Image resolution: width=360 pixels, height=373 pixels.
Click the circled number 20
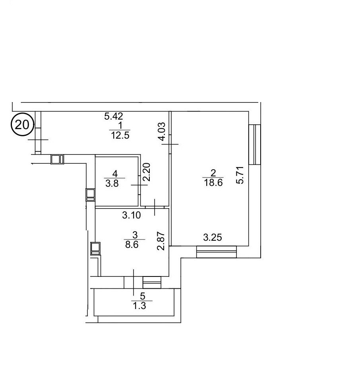[22, 125]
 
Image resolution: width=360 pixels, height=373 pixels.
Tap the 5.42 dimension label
[114, 116]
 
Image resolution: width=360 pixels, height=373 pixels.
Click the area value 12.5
[120, 135]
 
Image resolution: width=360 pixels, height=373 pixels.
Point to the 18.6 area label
[213, 183]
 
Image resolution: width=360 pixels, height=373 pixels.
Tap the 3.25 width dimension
[213, 237]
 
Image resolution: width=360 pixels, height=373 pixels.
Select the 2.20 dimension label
[146, 172]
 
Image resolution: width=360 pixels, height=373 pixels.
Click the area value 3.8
[112, 184]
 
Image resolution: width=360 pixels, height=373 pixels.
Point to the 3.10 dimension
[132, 215]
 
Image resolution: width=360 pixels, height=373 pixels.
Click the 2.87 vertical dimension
[161, 241]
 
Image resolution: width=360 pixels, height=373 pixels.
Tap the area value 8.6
[132, 245]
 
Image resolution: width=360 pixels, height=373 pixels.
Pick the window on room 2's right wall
[255, 145]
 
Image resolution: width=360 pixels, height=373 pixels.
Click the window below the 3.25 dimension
[217, 252]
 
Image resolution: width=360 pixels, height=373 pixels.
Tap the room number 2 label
[213, 173]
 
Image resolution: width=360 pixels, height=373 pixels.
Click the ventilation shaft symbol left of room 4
[91, 195]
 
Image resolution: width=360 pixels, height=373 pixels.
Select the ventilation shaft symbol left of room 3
[95, 248]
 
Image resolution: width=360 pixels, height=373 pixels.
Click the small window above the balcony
[152, 282]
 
